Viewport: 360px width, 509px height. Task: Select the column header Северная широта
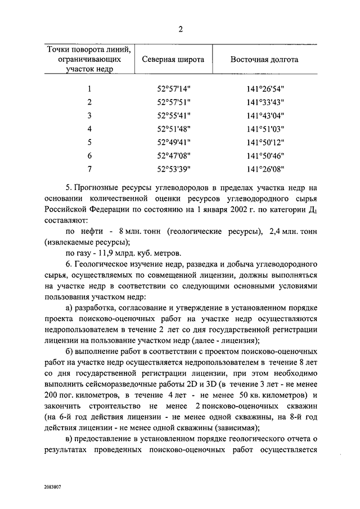[x=173, y=59]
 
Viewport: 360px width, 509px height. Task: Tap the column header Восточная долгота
[x=264, y=59]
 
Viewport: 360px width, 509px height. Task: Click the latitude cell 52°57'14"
[x=174, y=88]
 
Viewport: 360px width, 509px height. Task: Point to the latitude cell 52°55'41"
[x=174, y=115]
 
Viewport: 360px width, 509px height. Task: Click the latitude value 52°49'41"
[x=174, y=142]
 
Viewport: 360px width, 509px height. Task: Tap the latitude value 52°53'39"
[x=174, y=169]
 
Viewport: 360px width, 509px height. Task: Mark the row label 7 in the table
[x=89, y=169]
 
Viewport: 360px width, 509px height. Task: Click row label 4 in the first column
[x=89, y=129]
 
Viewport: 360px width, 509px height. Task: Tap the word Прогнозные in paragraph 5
[x=97, y=187]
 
